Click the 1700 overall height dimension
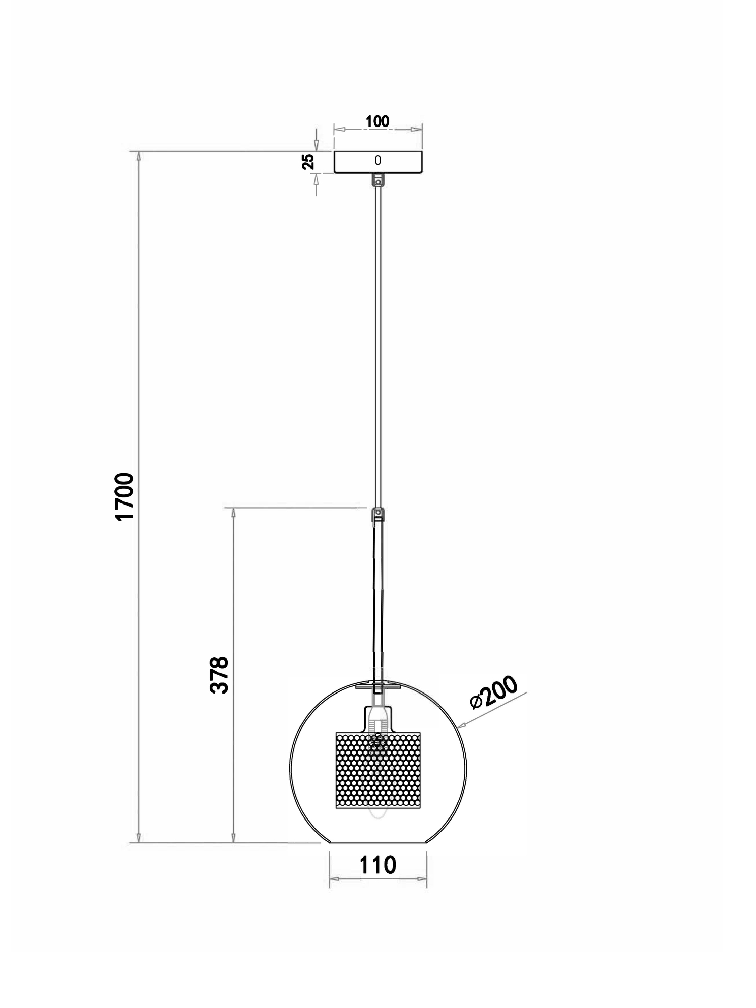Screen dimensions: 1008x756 124,496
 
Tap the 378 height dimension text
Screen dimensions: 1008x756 219,675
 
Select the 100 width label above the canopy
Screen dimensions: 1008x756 377,121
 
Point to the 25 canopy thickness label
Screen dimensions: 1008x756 308,162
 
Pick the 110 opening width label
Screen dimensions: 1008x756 377,866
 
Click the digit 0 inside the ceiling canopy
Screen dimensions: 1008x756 378,160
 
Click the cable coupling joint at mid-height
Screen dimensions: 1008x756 378,515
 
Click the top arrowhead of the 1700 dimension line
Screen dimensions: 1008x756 139,156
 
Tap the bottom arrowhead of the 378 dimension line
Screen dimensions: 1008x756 233,837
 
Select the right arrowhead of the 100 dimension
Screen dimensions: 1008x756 417,130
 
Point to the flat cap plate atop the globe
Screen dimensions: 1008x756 378,686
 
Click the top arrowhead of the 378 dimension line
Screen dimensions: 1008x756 233,513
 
